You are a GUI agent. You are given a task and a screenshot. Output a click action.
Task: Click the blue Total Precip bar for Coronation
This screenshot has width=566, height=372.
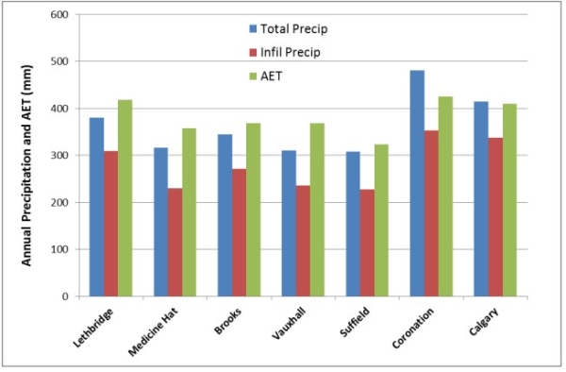click(418, 183)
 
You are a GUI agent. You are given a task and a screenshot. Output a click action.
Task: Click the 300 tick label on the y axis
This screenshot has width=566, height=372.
click(59, 156)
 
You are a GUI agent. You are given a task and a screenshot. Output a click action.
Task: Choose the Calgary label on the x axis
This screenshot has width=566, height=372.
click(482, 321)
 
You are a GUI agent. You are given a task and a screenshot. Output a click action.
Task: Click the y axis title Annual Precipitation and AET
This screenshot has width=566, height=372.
click(28, 156)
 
